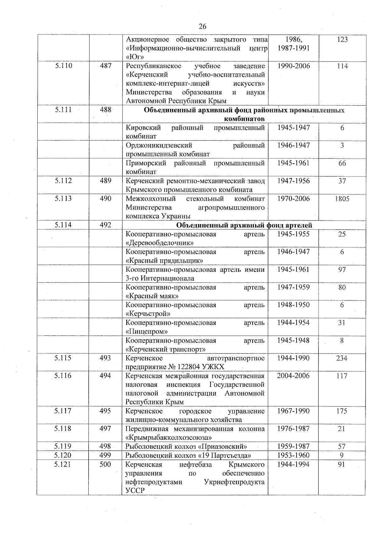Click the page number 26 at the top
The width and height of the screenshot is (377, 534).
coord(203,26)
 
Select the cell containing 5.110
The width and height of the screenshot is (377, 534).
coord(63,66)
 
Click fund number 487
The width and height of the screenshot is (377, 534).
coord(106,66)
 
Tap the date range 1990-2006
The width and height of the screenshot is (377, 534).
coord(293,66)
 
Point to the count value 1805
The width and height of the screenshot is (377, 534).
coord(342,199)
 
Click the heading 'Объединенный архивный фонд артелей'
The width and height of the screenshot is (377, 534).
coord(244,225)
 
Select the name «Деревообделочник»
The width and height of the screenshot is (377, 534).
coord(159,243)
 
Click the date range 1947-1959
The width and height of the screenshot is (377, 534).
coord(293,287)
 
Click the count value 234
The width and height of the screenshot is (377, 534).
coord(342,358)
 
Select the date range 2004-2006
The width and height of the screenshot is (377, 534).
coord(293,376)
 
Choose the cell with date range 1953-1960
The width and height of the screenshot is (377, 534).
coord(293,455)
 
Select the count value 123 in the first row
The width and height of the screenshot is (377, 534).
coord(342,39)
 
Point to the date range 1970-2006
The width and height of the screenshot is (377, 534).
coord(293,199)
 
